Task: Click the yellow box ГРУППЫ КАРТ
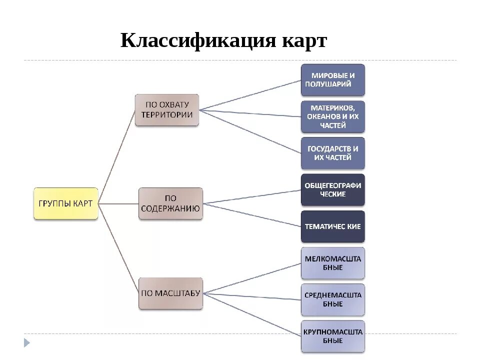click(65, 203)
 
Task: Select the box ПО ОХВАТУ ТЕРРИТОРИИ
click(167, 109)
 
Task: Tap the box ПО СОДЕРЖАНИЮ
click(170, 203)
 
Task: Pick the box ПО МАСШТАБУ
click(170, 293)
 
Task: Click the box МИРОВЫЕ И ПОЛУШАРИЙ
click(332, 79)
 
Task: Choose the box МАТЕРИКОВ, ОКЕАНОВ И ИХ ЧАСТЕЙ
click(332, 116)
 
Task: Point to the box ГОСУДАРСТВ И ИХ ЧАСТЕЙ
click(332, 153)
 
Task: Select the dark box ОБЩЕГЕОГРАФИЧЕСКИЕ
click(332, 189)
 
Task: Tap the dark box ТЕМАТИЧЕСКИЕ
click(332, 226)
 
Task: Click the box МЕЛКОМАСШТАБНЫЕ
click(332, 263)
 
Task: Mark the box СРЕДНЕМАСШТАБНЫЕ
click(332, 299)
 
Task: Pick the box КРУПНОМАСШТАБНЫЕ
click(332, 336)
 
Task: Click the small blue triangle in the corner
click(27, 342)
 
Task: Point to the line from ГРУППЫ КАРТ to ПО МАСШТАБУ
click(118, 248)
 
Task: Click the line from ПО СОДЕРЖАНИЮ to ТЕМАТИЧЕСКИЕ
click(252, 215)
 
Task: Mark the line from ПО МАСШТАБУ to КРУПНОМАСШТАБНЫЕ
click(252, 314)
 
